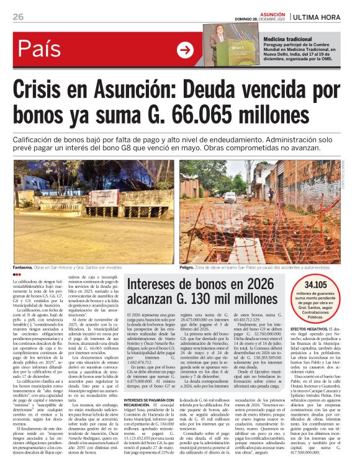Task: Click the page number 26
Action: [x=17, y=17]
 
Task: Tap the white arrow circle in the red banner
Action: [x=185, y=50]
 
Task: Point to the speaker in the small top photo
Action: [x=219, y=42]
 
